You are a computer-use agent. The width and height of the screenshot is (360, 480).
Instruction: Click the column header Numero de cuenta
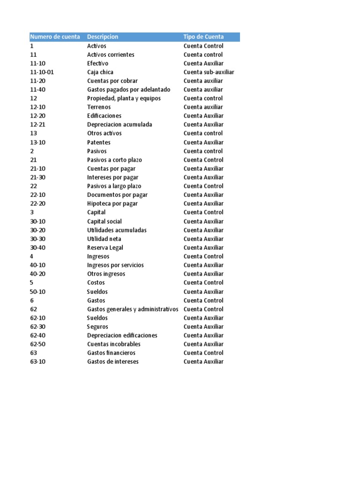click(x=55, y=37)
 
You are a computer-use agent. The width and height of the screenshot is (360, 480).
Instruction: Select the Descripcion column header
click(x=103, y=37)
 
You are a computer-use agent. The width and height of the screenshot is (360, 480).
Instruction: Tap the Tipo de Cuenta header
click(x=203, y=37)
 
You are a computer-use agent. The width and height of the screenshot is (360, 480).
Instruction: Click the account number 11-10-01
click(x=42, y=72)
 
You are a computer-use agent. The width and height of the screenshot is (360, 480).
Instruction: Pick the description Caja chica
click(x=100, y=72)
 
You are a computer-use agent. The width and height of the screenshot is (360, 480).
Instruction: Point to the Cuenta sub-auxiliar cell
click(x=209, y=72)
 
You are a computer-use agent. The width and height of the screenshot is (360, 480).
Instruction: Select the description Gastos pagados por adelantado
click(x=129, y=90)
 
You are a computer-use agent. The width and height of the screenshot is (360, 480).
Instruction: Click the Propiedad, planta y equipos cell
click(x=124, y=98)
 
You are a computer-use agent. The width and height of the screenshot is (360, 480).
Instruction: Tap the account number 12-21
click(x=38, y=125)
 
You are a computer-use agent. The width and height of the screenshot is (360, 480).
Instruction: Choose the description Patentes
click(x=99, y=142)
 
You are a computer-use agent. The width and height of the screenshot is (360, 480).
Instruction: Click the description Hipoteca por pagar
click(x=112, y=203)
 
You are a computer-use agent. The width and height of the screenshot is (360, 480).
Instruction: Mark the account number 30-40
click(x=38, y=247)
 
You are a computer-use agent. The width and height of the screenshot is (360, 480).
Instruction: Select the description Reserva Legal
click(x=105, y=247)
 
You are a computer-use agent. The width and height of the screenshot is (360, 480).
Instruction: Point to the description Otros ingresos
click(x=106, y=274)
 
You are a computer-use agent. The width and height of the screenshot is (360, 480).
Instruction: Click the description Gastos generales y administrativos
click(x=133, y=309)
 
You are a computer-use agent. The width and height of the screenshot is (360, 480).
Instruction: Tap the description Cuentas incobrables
click(x=114, y=344)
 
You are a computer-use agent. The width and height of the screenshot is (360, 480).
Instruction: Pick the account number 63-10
click(x=38, y=362)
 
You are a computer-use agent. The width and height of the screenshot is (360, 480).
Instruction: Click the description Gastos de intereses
click(x=113, y=362)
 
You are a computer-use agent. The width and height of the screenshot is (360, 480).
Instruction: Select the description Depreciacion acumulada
click(x=120, y=125)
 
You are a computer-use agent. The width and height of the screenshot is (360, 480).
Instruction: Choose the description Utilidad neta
click(x=104, y=239)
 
